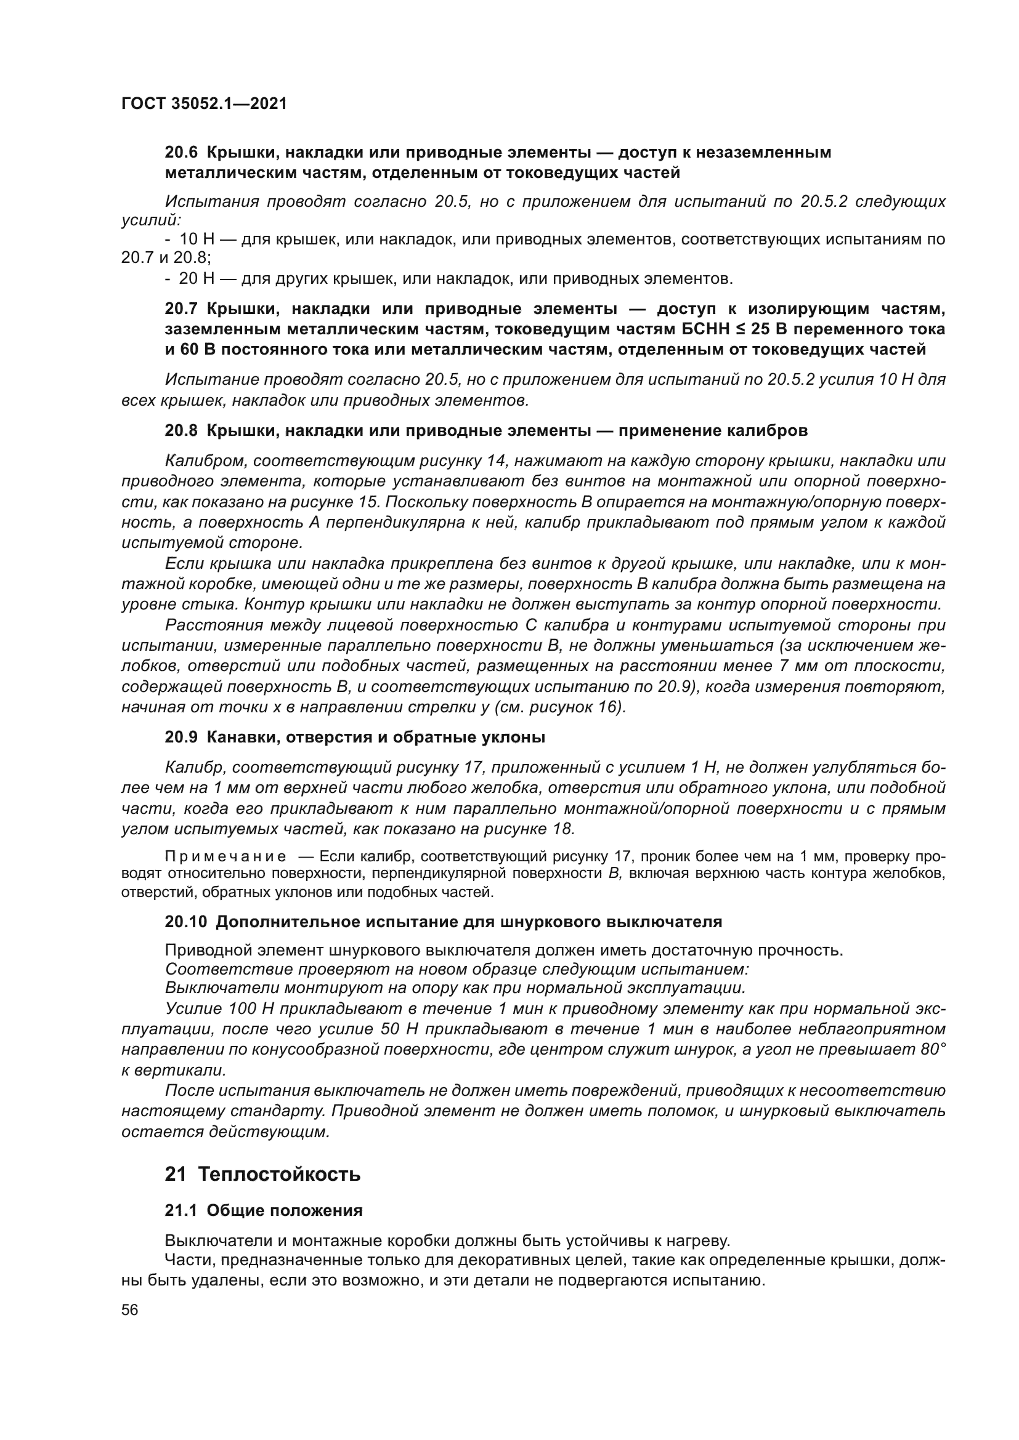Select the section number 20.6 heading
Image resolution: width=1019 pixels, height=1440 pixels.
point(181,153)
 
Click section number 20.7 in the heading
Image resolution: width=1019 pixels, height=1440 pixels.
point(181,308)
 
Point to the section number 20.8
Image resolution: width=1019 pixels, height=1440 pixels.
point(181,431)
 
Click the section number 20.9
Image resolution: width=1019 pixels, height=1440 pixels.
point(181,738)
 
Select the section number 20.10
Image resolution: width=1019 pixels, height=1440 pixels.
point(185,922)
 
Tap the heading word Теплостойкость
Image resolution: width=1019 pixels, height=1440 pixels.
point(279,1174)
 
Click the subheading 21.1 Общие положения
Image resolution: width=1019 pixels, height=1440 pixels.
point(264,1210)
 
